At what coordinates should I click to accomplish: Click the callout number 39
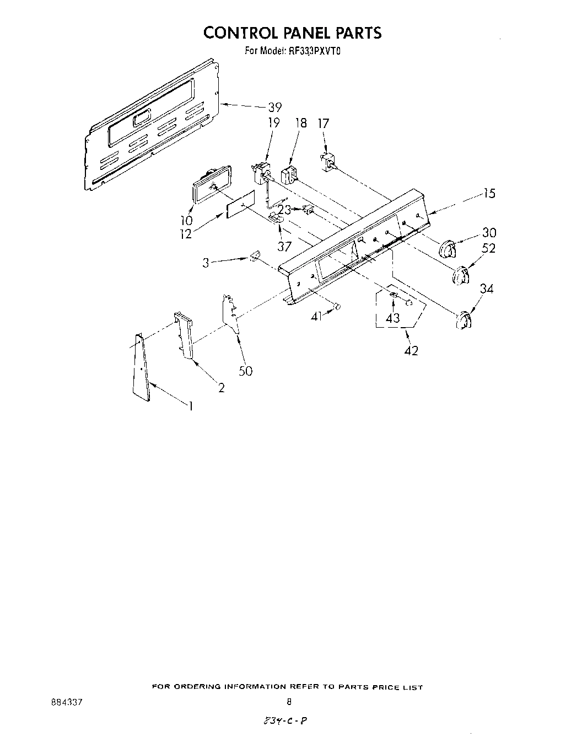274,108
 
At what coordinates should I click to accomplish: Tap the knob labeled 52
460,276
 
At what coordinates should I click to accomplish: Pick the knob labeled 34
464,319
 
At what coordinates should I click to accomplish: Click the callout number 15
489,194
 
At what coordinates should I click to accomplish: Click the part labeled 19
260,171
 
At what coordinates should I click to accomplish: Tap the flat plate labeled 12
241,205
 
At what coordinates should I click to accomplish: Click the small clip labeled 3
254,257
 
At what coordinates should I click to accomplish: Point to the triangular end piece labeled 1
141,367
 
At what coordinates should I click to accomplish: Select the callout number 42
411,350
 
